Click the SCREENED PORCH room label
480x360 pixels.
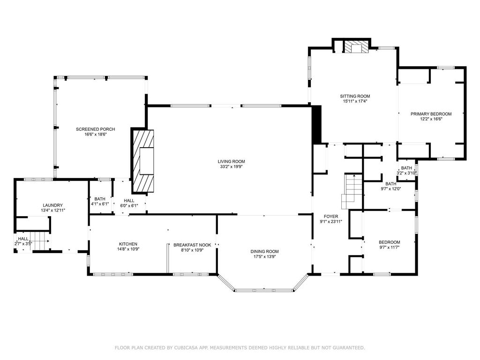pyautogui.click(x=96, y=129)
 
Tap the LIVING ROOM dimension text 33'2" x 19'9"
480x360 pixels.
pyautogui.click(x=232, y=166)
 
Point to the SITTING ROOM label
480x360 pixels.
pyautogui.click(x=355, y=96)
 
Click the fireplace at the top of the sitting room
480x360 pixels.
pyautogui.click(x=356, y=46)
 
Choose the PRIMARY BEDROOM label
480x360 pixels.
pyautogui.click(x=431, y=114)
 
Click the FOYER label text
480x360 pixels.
pyautogui.click(x=329, y=217)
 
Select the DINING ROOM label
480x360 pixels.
pyautogui.click(x=264, y=251)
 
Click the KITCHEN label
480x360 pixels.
pyautogui.click(x=128, y=244)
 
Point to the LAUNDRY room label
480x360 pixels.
pyautogui.click(x=52, y=205)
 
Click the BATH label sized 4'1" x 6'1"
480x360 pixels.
pyautogui.click(x=100, y=199)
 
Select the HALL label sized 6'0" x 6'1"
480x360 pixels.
pyautogui.click(x=129, y=200)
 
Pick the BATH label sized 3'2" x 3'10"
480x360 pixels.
pyautogui.click(x=406, y=168)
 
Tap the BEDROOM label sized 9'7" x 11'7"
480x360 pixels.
pyautogui.click(x=390, y=242)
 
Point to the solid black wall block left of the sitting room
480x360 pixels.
pyautogui.click(x=316, y=125)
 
